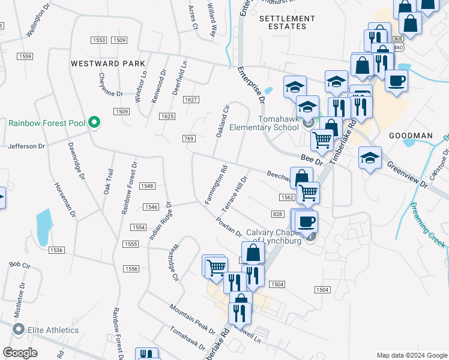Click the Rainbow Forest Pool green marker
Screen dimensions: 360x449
tap(94, 123)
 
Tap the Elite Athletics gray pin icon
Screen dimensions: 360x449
tap(19, 329)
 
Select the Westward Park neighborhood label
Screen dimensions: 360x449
tap(108, 63)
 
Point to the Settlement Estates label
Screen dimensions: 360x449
tap(286, 23)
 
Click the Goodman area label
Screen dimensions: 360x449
tap(410, 136)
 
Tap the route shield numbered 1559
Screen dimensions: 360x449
tap(25, 56)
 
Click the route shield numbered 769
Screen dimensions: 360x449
tap(188, 139)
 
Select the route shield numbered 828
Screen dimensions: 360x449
tap(277, 214)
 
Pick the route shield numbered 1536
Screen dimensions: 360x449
tap(57, 250)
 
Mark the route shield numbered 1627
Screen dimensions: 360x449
tap(191, 99)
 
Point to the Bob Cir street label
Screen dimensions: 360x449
tap(19, 264)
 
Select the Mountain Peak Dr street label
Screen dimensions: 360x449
tap(192, 319)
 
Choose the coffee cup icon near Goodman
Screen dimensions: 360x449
tap(396, 80)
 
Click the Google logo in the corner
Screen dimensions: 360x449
tap(20, 353)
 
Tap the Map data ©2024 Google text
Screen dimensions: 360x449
tap(411, 355)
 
